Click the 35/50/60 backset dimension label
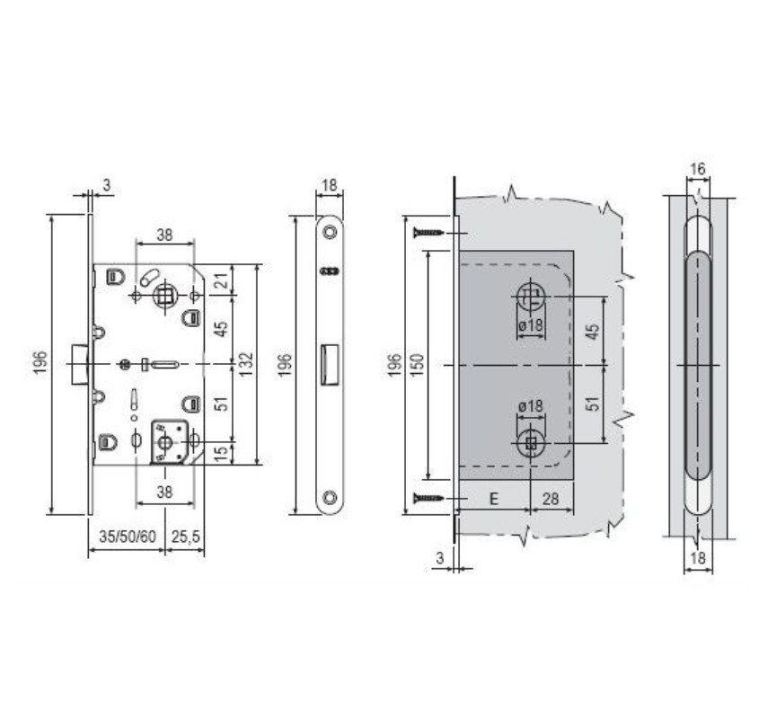point(125,537)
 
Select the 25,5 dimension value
point(185,537)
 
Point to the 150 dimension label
point(417,364)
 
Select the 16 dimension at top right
point(698,168)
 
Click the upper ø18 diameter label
point(531,325)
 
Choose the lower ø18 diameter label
point(531,406)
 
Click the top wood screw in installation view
point(429,233)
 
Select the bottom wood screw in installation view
point(429,498)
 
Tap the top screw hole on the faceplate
point(329,231)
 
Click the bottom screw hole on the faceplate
point(329,496)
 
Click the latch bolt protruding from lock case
point(79,364)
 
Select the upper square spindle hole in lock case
point(164,295)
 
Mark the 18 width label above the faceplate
point(329,186)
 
